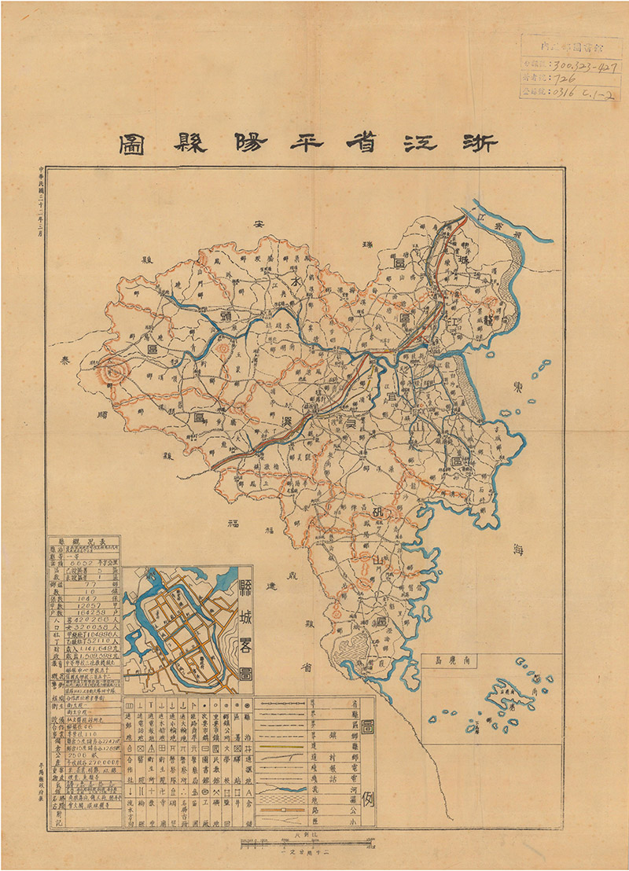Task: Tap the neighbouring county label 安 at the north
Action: (256, 226)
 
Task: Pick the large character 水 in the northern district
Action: (297, 281)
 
